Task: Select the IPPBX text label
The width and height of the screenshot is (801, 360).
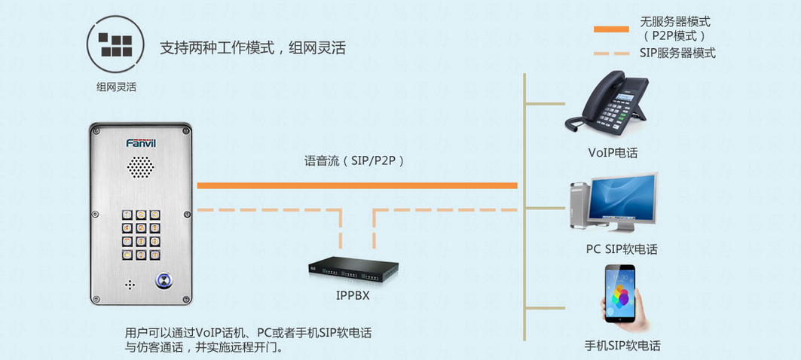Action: click(x=353, y=295)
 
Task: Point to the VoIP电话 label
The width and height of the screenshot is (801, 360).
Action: click(x=613, y=153)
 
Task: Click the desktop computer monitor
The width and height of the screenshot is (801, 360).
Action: click(x=622, y=197)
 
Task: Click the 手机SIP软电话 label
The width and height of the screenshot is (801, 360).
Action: click(x=622, y=346)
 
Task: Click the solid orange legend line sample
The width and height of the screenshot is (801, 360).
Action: click(x=610, y=29)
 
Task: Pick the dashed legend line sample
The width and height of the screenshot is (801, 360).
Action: click(x=610, y=53)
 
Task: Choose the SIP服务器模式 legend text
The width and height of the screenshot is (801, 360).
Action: click(x=677, y=53)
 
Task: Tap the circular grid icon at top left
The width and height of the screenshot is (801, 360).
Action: click(x=116, y=44)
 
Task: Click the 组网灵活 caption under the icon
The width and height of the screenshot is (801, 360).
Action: click(x=116, y=87)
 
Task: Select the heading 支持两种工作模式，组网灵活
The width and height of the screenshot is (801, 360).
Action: click(x=252, y=48)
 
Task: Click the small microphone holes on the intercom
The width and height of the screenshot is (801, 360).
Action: click(x=129, y=285)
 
